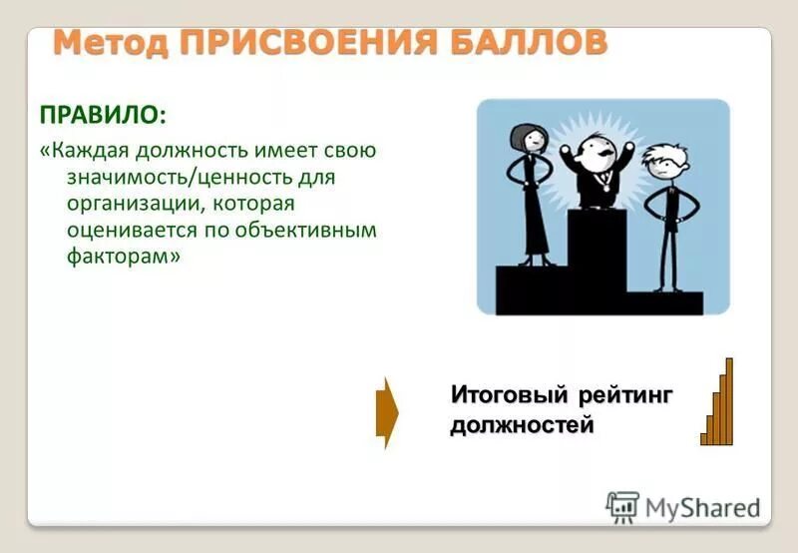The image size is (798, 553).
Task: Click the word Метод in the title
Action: point(109,45)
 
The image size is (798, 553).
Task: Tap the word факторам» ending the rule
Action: point(125,257)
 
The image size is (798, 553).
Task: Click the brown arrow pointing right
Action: point(387,411)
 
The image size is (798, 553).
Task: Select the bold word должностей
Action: point(522,427)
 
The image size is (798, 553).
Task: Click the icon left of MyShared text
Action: point(623,508)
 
